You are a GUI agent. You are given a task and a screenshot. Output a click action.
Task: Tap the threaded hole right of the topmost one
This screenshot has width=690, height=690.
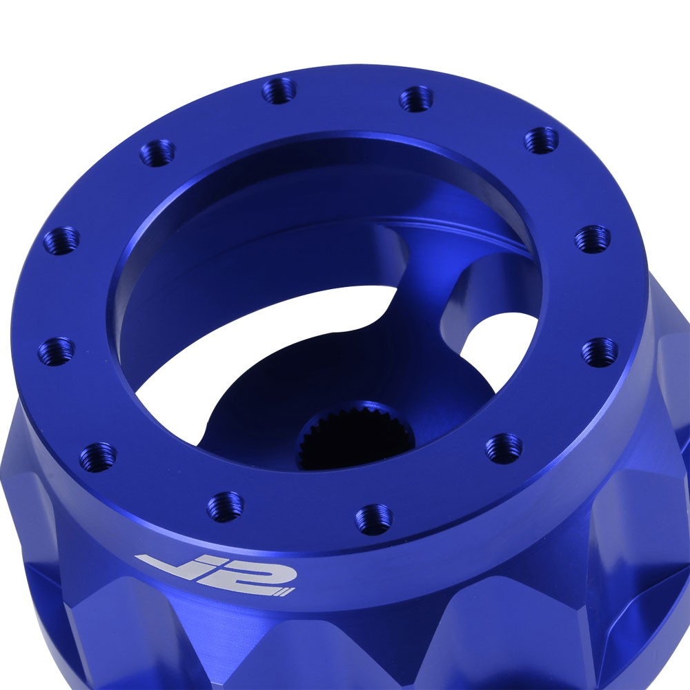(416, 99)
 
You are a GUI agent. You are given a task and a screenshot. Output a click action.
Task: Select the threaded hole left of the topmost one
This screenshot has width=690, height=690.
(157, 152)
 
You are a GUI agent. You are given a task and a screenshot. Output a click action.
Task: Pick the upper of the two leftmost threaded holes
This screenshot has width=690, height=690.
(61, 240)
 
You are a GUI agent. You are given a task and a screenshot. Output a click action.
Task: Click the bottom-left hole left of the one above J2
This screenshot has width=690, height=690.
(97, 456)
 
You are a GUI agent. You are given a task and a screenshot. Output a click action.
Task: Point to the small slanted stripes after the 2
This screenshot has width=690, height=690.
(283, 591)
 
